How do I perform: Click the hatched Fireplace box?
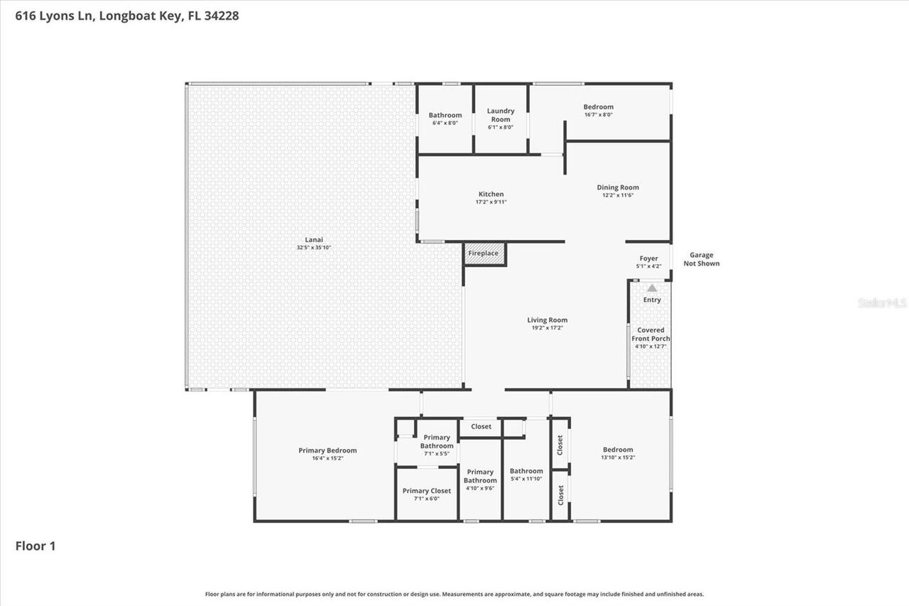tap(484, 254)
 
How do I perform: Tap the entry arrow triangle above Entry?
tap(652, 288)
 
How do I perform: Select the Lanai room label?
tap(314, 239)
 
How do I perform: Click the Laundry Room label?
tap(501, 115)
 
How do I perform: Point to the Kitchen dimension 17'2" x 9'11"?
tap(491, 202)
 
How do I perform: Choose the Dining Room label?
tap(617, 188)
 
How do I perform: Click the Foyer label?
tap(648, 259)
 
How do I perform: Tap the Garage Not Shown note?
tap(701, 259)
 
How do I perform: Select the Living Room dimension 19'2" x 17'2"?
tap(547, 328)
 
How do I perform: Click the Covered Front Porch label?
tap(651, 334)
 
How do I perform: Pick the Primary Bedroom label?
tap(327, 450)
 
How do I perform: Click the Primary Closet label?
tap(426, 491)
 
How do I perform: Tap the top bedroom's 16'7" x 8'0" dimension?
tap(598, 114)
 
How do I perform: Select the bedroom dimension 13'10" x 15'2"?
tap(618, 458)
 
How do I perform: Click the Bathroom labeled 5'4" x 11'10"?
tap(526, 471)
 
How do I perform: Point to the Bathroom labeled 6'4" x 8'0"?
tap(445, 115)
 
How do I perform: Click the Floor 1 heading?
tap(36, 546)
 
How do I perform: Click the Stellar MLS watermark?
tap(882, 303)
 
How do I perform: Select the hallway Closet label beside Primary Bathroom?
tap(481, 427)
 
